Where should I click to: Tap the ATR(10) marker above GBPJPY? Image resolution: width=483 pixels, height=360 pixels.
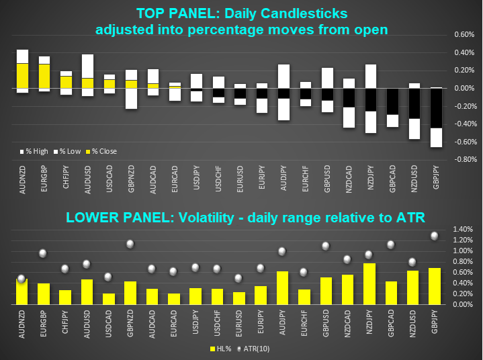coord(434,236)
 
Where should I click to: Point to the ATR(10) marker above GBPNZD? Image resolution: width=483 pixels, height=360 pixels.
coord(130,244)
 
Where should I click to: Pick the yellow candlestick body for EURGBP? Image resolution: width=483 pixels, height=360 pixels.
coord(44,76)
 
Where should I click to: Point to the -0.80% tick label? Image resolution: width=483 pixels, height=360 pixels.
coord(464,160)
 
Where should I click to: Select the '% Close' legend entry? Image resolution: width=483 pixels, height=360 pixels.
coord(103,151)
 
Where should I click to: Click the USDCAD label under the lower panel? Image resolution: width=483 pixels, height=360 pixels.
coord(109,320)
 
